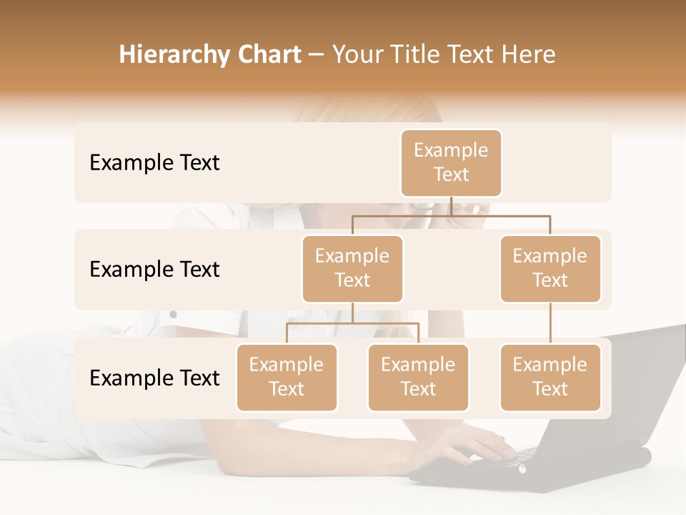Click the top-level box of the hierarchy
451,163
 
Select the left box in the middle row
352,269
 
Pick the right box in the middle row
550,269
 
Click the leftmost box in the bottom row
287,378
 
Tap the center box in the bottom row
418,378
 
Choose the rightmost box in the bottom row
550,378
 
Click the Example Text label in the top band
154,163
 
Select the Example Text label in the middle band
154,270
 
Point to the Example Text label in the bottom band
154,378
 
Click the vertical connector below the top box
451,206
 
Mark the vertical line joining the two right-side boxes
550,323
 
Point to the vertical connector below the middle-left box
352,313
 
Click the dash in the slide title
317,55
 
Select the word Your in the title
355,55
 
